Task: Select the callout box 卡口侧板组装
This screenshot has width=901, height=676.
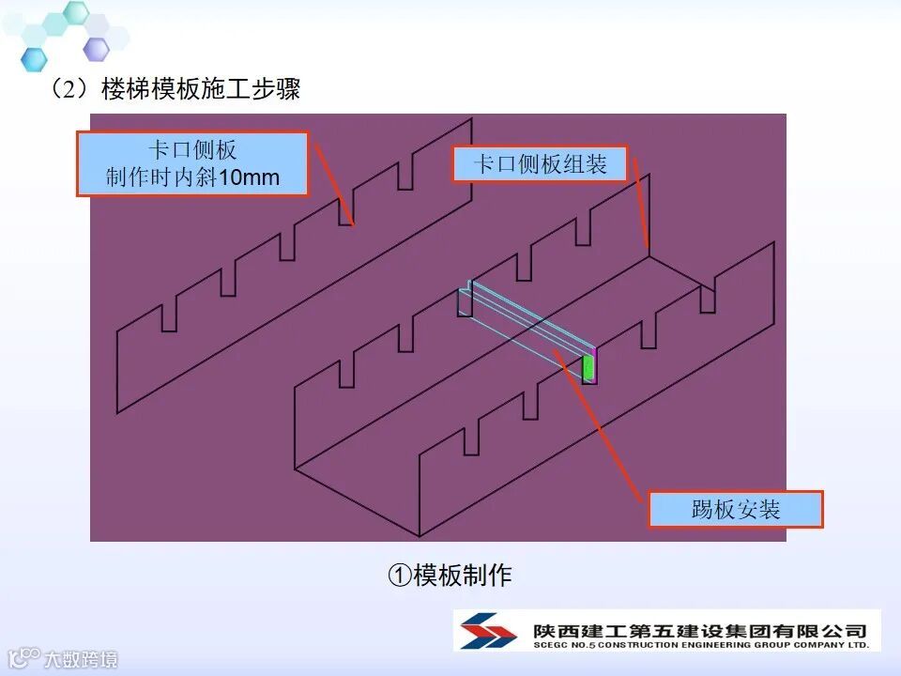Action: (x=540, y=165)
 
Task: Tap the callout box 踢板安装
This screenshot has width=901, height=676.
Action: (x=736, y=510)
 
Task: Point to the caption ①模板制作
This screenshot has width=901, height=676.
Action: (x=450, y=575)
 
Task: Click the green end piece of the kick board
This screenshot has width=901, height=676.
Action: (x=588, y=366)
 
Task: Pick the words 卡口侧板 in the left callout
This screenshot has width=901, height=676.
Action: (x=191, y=150)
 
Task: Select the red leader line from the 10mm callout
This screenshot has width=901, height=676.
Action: (x=333, y=184)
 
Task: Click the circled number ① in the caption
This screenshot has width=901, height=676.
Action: (x=398, y=575)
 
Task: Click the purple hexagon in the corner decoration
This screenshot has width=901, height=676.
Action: (x=96, y=48)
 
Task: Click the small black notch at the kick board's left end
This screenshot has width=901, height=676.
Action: (x=465, y=302)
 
